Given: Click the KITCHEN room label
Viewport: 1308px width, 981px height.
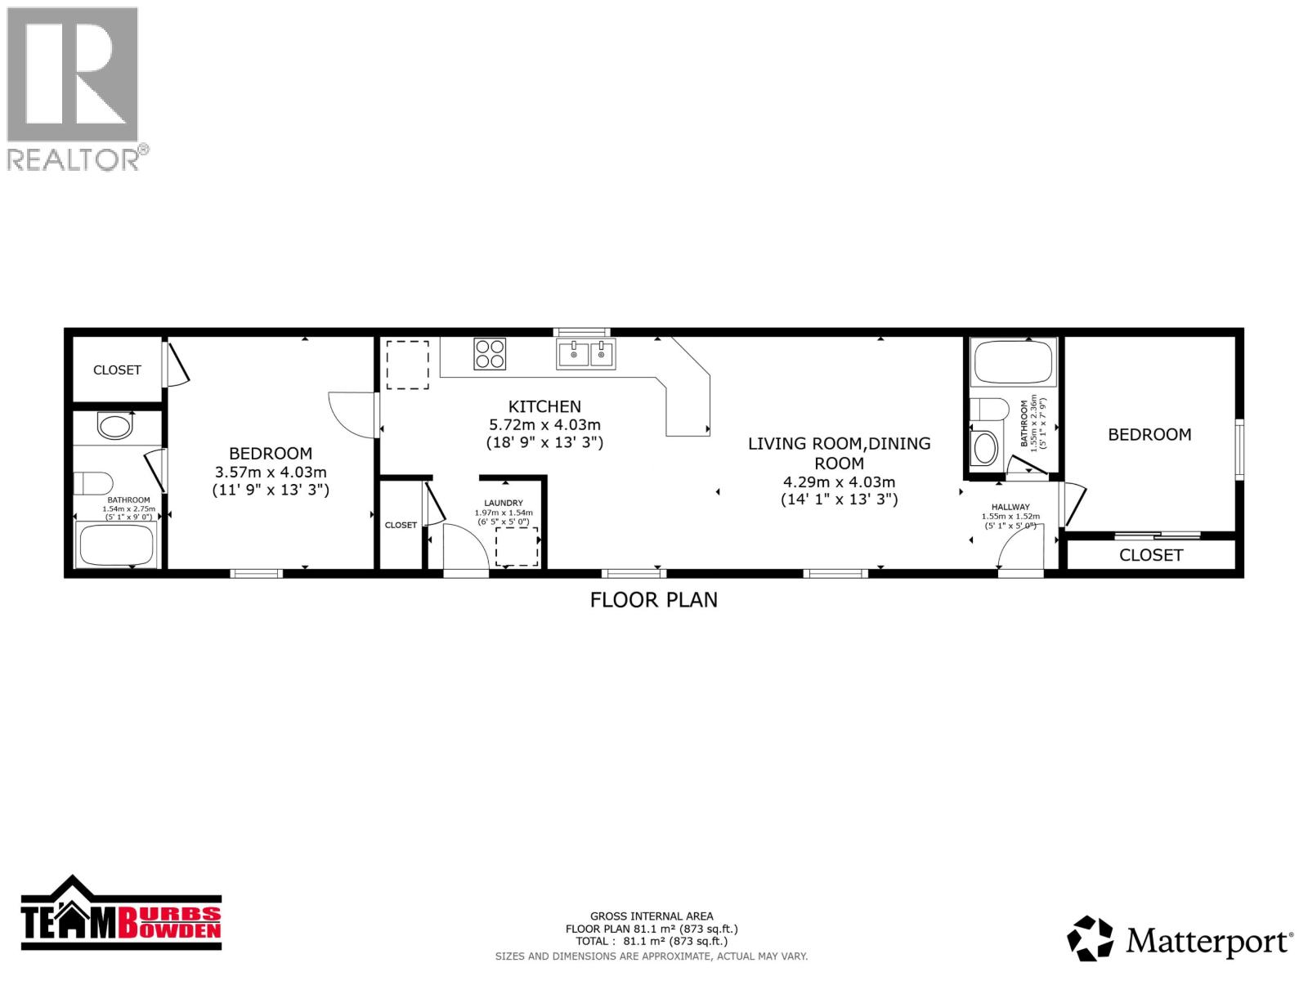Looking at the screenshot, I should pos(544,406).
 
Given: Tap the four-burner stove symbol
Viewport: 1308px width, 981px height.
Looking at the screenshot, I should pos(490,354).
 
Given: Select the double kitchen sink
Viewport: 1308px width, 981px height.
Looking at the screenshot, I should pos(586,354).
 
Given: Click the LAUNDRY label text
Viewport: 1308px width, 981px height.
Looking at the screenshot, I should pos(504,503).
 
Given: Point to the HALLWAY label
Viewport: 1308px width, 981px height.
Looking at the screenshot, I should pos(1010,507).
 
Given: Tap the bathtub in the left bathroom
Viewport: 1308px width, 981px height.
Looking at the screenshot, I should pos(115,544).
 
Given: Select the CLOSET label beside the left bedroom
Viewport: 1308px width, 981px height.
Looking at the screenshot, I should pos(117,370).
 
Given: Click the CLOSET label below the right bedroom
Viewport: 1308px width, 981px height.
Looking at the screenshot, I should pos(1151,555).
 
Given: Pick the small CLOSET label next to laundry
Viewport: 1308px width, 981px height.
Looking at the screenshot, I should pos(401,525).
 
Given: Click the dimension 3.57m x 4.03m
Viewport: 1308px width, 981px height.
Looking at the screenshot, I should pos(271,472).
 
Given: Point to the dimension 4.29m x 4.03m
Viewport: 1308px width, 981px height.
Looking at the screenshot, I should pos(839,482).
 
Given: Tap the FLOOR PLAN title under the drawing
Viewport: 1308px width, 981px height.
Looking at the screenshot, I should pos(654,599).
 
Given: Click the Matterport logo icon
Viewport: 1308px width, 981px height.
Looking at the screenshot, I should pos(1091,938).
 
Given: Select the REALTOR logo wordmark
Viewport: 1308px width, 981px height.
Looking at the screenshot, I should pos(78,159).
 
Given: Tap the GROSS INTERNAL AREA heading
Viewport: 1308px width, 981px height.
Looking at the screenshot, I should pos(652,916).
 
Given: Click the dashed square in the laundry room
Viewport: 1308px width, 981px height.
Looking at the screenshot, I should pos(517,546).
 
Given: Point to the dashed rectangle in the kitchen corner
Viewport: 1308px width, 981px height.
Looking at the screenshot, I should pos(407,365).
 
